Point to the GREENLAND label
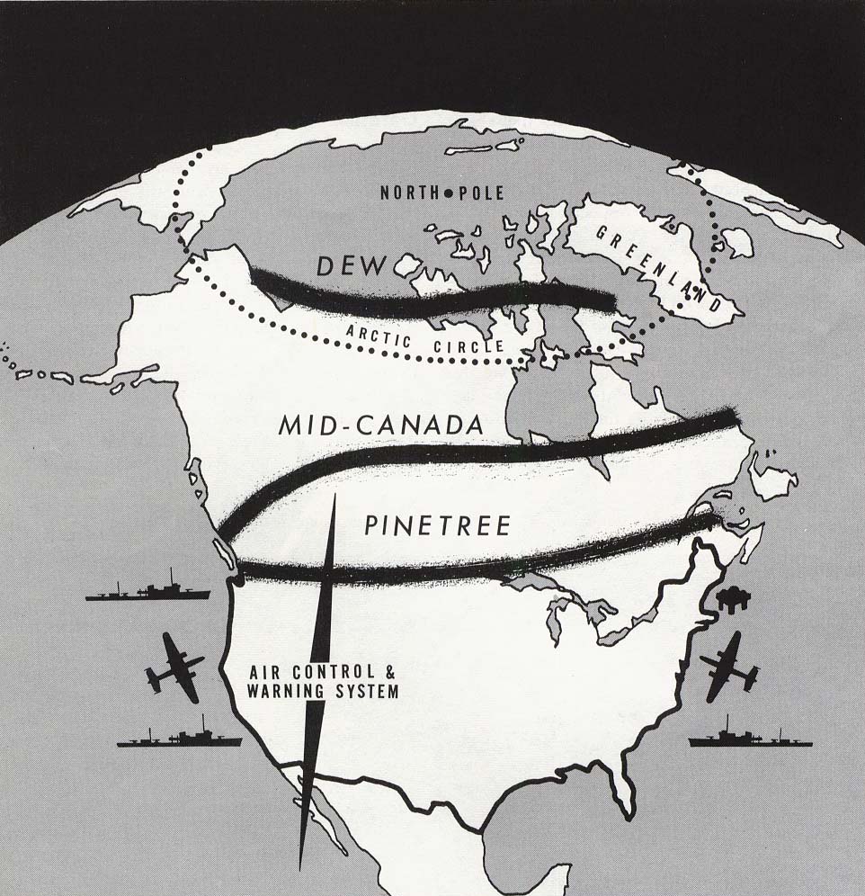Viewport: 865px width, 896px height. pos(658,264)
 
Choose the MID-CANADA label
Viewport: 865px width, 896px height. pos(381,426)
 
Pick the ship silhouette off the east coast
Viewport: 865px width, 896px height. pos(749,735)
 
